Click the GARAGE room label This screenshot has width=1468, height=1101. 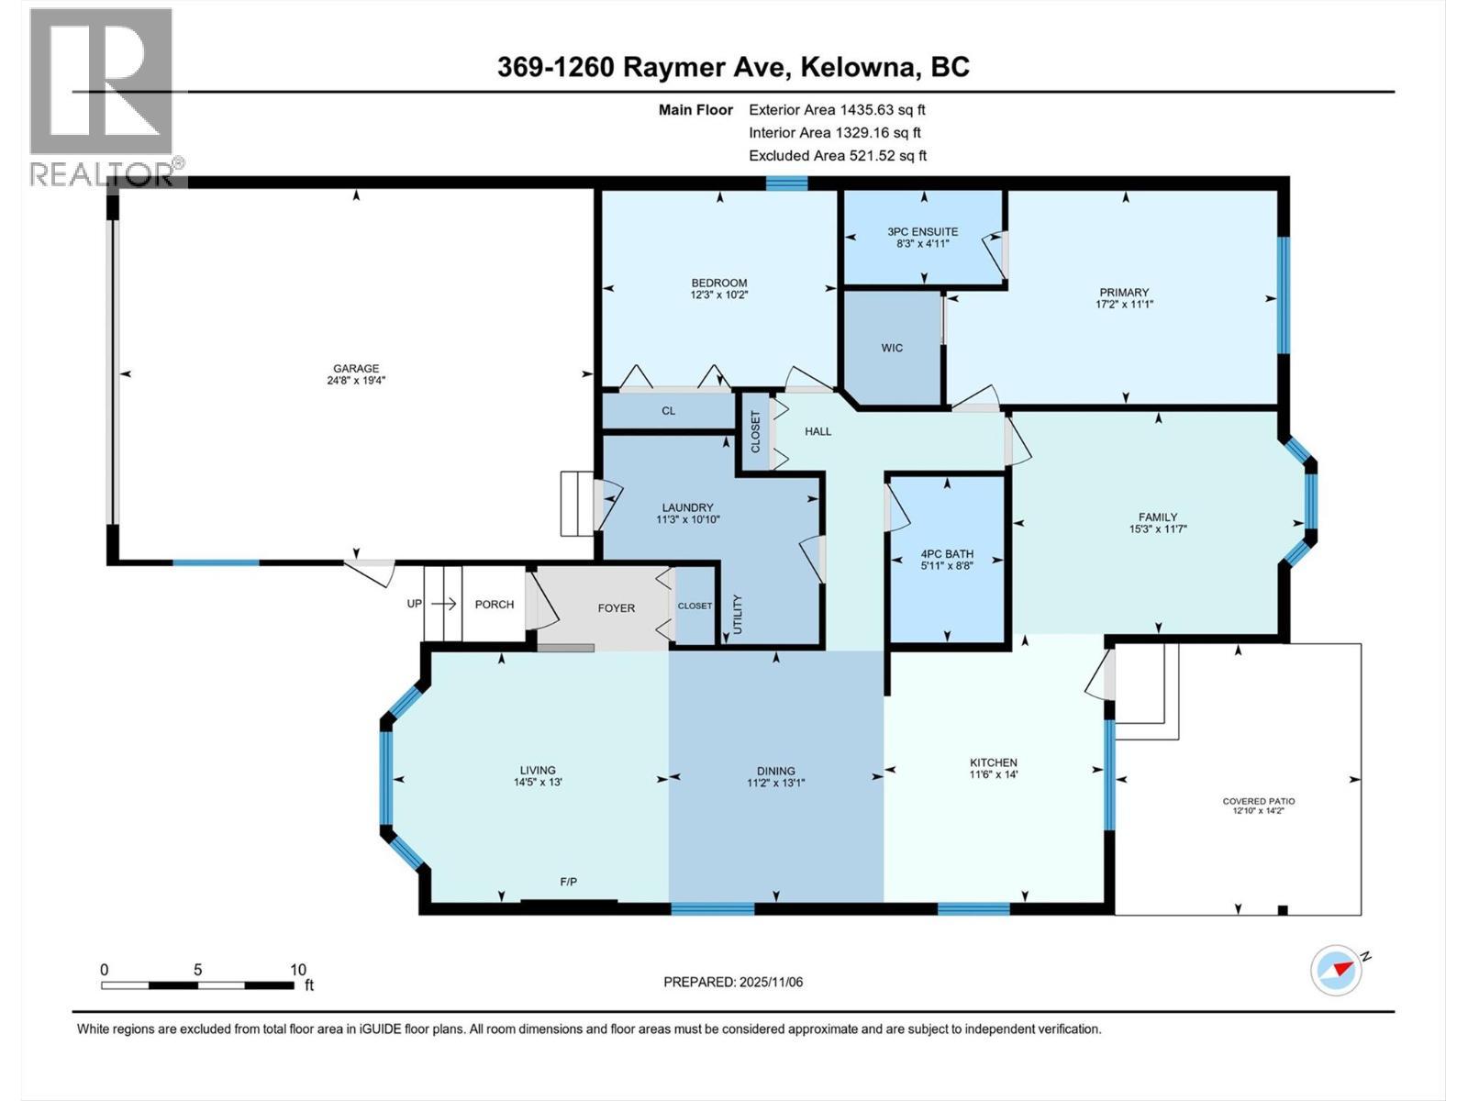355,369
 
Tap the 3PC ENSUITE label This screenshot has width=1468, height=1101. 922,232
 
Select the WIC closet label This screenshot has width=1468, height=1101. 892,348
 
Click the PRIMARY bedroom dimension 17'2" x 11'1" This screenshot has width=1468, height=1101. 1124,305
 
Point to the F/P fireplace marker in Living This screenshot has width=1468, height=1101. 568,882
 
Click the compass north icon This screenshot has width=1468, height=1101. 1337,969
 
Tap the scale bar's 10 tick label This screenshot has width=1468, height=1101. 297,970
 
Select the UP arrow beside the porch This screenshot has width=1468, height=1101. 444,604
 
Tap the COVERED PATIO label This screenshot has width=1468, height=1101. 1259,801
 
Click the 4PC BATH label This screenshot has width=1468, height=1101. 947,554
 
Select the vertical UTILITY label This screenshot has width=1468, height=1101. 737,614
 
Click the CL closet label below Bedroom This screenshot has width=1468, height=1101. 668,411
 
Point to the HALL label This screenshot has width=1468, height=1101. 817,431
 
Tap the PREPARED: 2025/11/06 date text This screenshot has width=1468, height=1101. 733,982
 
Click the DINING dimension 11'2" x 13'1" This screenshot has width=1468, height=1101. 775,784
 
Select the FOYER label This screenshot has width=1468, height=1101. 616,607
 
